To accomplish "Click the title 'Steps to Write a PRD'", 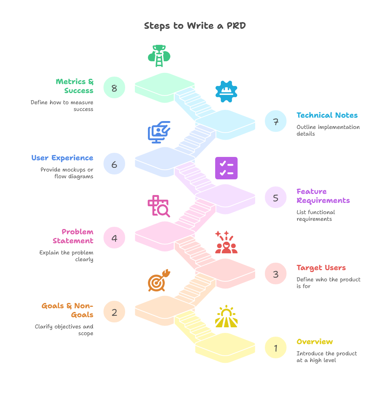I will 195,26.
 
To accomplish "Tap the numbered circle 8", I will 114,88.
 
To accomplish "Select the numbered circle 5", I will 275,197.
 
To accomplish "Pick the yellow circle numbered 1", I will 275,348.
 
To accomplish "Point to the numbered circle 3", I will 275,273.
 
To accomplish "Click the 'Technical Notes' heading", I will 327,115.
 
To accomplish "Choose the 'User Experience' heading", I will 62,158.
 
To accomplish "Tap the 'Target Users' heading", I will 321,268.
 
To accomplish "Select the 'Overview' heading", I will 315,341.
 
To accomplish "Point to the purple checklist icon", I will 226,168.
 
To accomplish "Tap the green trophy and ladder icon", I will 159,56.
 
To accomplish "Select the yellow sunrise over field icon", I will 226,317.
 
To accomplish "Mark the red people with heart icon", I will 226,243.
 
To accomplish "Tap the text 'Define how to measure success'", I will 62,106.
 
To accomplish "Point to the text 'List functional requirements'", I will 316,216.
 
